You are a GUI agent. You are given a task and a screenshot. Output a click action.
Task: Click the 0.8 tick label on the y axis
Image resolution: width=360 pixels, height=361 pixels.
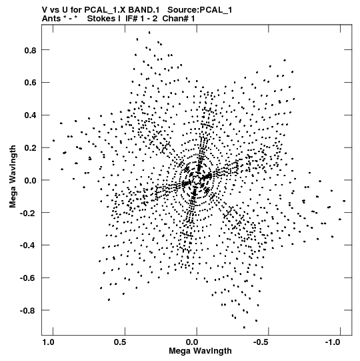point(30,50)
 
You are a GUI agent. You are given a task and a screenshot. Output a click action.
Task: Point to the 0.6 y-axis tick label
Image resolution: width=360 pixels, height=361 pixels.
point(30,83)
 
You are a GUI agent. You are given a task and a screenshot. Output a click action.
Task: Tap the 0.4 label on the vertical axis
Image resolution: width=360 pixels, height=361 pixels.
point(30,115)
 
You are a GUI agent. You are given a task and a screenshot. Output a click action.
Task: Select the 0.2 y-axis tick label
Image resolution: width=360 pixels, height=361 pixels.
point(30,148)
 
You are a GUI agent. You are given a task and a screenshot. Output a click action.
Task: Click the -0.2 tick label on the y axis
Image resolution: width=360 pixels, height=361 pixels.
point(28,213)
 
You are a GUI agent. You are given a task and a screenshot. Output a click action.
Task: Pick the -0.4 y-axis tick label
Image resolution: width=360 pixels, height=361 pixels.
point(28,246)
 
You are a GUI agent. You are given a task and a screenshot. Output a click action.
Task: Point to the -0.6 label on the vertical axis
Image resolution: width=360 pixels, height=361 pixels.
point(28,278)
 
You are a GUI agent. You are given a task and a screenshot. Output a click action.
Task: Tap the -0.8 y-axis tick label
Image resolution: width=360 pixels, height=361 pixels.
point(28,311)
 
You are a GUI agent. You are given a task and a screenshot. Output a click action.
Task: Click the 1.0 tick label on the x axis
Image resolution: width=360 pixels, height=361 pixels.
point(49,342)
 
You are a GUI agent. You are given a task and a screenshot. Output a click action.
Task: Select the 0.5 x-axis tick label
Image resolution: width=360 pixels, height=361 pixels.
point(120,342)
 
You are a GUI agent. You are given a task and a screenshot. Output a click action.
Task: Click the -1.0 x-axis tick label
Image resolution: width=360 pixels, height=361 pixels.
point(333,342)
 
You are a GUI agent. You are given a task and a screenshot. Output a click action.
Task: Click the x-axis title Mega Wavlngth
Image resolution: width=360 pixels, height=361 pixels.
point(200,351)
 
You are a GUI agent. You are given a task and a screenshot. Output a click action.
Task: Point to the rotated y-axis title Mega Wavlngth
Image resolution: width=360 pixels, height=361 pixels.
point(13,176)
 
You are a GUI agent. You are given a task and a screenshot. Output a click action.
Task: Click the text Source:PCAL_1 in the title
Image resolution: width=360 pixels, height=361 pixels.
point(200,10)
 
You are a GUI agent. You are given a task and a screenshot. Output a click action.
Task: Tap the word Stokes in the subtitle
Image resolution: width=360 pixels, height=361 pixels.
point(104,19)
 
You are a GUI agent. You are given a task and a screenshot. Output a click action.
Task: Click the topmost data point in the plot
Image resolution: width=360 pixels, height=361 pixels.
point(149,33)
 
